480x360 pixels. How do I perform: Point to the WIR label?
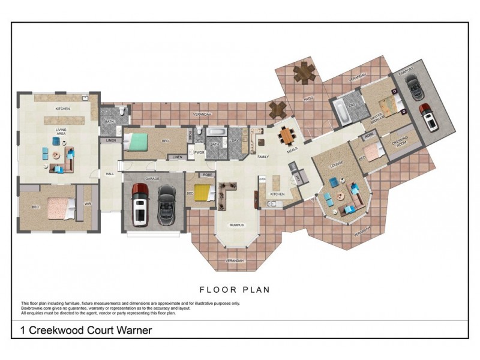pos(87,204)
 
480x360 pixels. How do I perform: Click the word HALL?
pos(110,174)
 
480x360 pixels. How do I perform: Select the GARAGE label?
pos(152,179)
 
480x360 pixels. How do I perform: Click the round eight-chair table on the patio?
pos(304,75)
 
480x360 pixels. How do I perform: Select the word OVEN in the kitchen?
pos(262,178)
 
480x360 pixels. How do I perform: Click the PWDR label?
pos(199,152)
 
